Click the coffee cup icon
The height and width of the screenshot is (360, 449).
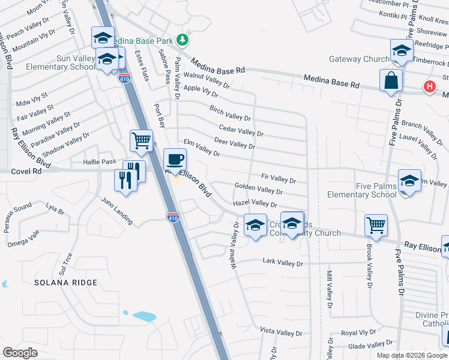(x=175, y=160)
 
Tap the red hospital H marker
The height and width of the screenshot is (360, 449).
(x=429, y=87)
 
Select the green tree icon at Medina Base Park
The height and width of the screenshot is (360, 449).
(x=183, y=41)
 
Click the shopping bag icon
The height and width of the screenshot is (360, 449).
(x=391, y=80)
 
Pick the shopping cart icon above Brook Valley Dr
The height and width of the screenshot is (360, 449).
(x=376, y=225)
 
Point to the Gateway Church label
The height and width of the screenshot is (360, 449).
(x=360, y=59)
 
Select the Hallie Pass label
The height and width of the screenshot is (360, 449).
(x=100, y=162)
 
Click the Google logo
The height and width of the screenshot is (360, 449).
(x=20, y=353)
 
